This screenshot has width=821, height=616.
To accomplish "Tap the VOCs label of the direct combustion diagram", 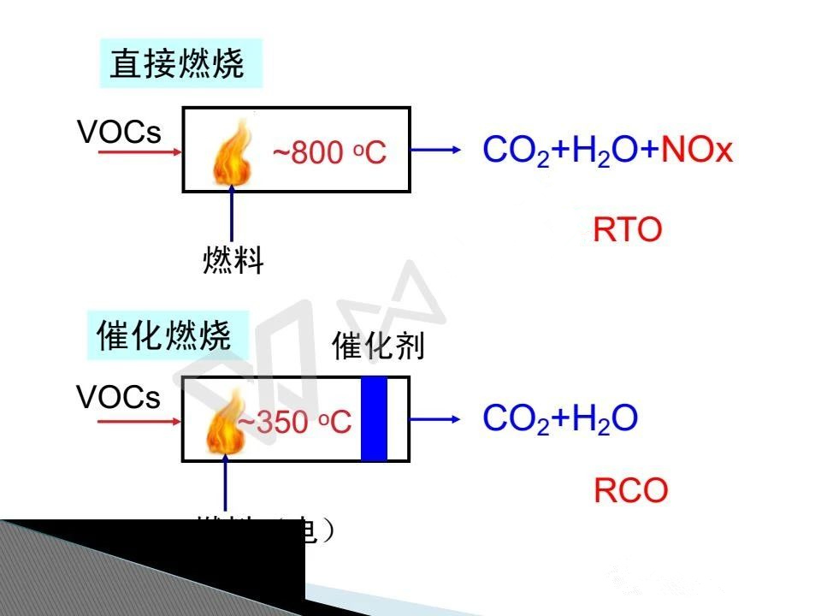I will [119, 132].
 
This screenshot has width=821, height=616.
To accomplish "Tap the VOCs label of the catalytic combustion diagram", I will [119, 398].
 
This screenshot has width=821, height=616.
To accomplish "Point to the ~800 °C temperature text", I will [329, 153].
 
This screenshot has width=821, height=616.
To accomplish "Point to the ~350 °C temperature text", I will [294, 422].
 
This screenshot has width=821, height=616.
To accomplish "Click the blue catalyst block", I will [374, 418].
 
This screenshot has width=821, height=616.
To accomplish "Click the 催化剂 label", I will [378, 346].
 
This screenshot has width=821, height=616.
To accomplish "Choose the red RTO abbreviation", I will [628, 230].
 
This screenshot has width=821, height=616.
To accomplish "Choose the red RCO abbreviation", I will [630, 491].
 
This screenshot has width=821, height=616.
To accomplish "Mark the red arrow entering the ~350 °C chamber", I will [139, 419].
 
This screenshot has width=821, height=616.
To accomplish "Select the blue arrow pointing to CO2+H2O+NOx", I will [440, 151].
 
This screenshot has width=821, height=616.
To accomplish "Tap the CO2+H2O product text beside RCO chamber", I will [560, 418].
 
